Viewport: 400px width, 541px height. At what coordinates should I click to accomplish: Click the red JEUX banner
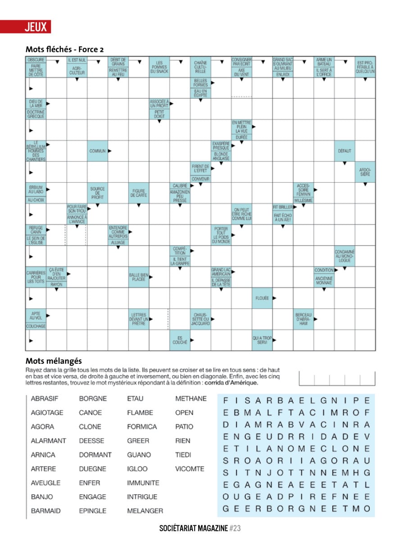coord(26,27)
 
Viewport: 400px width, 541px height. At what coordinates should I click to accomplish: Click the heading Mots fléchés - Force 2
coord(64,49)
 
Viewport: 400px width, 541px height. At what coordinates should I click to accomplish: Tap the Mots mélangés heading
coord(54,361)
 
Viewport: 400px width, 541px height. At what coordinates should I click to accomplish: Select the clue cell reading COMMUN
coord(97,151)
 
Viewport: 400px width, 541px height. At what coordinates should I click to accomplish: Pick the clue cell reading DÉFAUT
coord(345,151)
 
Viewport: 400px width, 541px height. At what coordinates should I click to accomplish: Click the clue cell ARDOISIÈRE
coord(365,172)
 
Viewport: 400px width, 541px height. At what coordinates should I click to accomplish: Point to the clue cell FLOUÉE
coord(262,298)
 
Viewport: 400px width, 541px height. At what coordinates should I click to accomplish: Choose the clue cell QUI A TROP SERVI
coord(262,340)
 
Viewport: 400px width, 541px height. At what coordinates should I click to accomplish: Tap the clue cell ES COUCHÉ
coord(180,340)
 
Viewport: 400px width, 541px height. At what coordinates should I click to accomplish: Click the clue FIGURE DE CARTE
coord(139,193)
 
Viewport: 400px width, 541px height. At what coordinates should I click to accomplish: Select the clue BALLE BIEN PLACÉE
coord(139,277)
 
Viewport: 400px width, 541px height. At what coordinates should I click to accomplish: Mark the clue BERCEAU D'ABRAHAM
coord(304,319)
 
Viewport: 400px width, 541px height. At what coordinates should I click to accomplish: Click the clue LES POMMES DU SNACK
coord(159,67)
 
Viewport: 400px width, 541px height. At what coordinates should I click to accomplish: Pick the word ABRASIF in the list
coord(45,399)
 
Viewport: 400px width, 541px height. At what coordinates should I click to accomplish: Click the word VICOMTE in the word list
coord(190,469)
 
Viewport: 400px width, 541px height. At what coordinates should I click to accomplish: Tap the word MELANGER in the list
coord(145,511)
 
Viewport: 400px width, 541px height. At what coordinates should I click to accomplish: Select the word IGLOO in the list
coord(137,469)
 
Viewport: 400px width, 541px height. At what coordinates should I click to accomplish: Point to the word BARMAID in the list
coord(45,511)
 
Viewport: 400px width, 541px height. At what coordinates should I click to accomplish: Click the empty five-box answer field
coord(336,378)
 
